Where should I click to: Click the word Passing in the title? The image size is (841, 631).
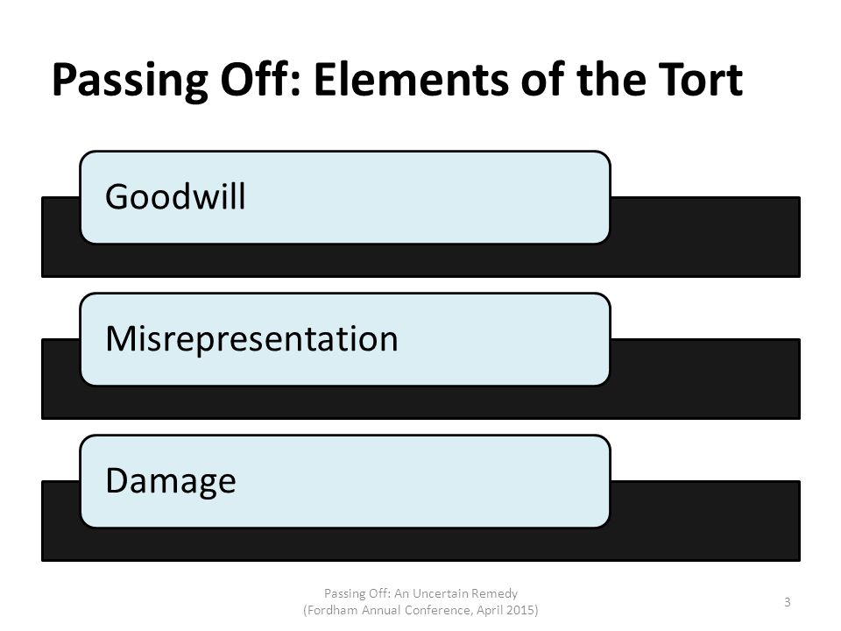tap(130, 81)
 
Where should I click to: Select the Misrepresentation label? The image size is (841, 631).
tap(251, 338)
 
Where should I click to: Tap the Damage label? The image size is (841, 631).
tap(171, 481)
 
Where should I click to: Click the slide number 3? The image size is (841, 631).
tap(787, 602)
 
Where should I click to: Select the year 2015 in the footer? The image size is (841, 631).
tap(522, 610)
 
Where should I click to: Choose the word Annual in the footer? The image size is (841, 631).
tap(382, 610)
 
